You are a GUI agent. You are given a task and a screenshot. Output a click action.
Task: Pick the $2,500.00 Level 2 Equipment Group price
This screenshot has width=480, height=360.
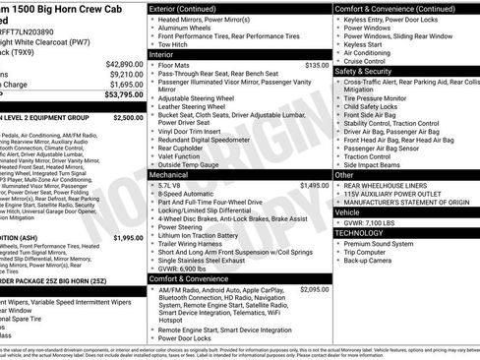pos(128,117)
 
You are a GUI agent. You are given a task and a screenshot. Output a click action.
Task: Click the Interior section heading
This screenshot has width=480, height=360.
pos(161,54)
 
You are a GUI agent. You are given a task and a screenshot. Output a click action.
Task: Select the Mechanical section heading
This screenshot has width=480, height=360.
pos(169,174)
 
